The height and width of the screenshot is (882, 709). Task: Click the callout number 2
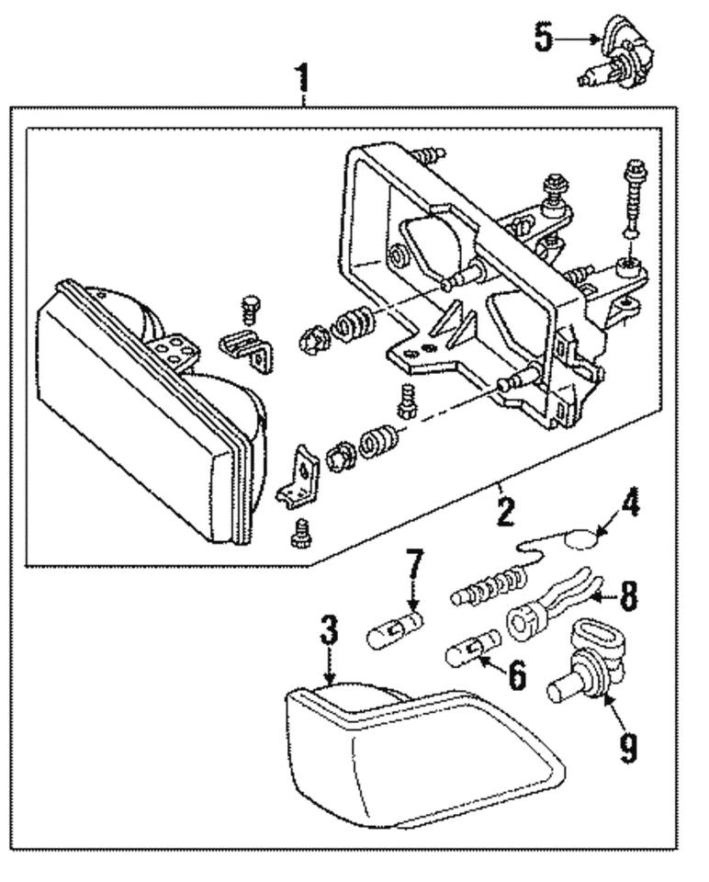[504, 511]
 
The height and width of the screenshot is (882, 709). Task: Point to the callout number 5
[544, 38]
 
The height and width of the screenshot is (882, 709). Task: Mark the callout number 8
[628, 598]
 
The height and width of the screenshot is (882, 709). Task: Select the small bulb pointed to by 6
[471, 655]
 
